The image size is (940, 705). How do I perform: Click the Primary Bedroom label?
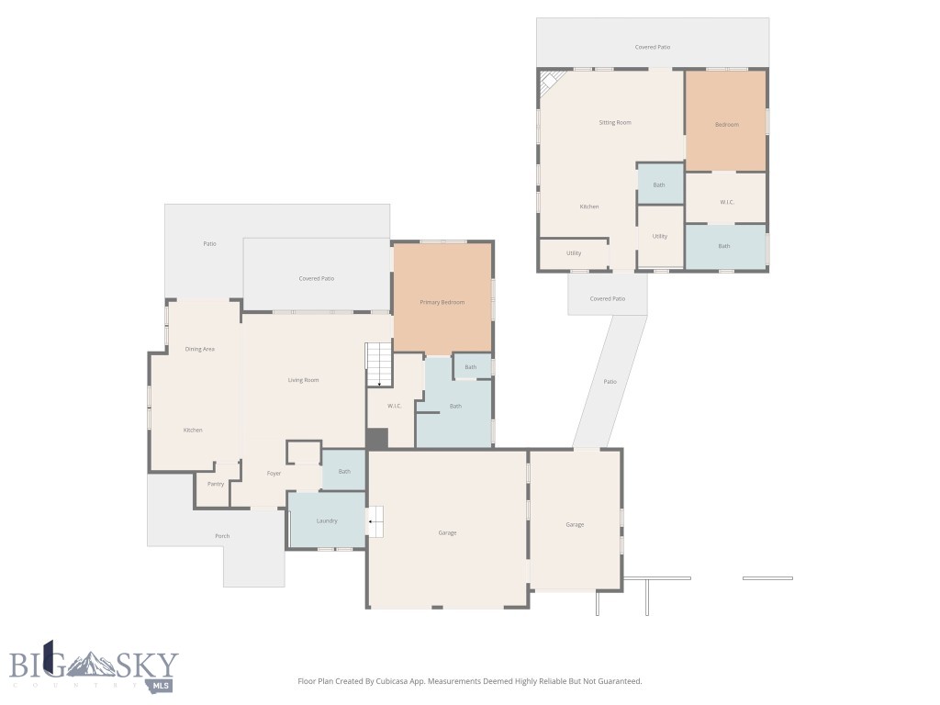point(442,302)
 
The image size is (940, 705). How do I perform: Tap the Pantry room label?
point(216,484)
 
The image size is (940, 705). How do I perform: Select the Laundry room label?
point(326,520)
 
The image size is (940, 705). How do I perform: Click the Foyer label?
point(274,474)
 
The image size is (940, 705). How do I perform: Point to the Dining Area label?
point(199,349)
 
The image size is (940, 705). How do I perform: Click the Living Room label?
point(303,380)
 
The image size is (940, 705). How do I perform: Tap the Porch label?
point(222,536)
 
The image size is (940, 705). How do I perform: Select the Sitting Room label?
point(614,122)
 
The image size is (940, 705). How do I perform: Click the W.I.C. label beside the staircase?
point(395,406)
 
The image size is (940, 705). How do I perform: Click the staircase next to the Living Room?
point(379,364)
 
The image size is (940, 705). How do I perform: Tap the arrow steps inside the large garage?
point(375,521)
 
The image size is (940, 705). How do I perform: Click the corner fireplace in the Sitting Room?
point(548,82)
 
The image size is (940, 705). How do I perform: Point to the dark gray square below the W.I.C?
point(377,439)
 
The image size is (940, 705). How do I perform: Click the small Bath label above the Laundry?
point(344,472)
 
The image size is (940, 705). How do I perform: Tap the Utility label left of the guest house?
point(574,252)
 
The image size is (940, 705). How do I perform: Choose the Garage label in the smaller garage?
point(575,524)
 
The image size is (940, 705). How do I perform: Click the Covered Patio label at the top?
point(653,47)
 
